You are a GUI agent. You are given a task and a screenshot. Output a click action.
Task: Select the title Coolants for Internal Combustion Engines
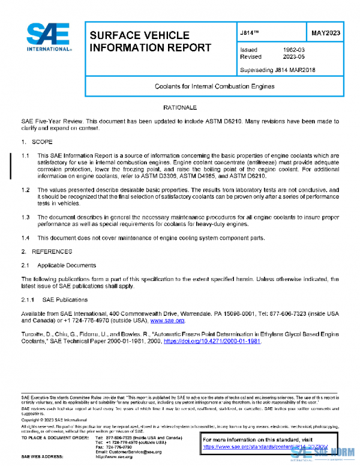(214, 86)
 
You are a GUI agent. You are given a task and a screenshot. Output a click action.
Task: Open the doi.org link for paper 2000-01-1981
(212, 341)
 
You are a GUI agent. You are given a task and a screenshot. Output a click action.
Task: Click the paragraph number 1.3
(26, 217)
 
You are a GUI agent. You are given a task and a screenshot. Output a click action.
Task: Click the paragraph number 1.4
(26, 238)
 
